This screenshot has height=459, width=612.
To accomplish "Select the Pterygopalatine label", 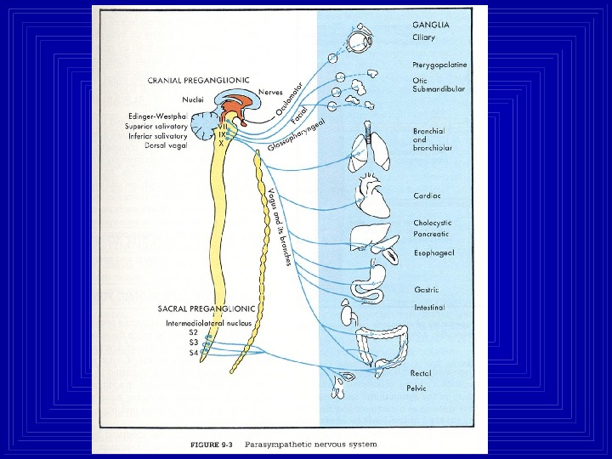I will coord(434,65).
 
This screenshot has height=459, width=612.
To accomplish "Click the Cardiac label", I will coord(427,195).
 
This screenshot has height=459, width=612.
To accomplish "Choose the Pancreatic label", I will coord(431,234).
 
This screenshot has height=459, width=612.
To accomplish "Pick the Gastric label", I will coord(426,289).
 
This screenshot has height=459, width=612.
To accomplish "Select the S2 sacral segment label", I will coord(170,333).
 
